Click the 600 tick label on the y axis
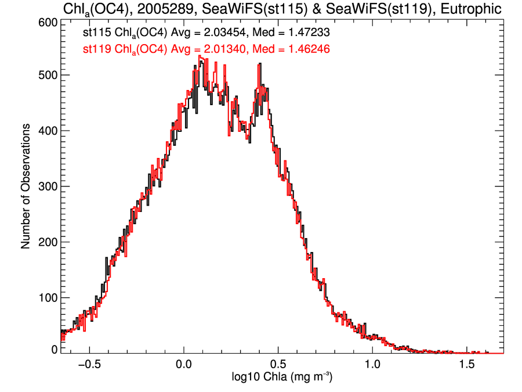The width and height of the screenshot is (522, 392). click(x=46, y=22)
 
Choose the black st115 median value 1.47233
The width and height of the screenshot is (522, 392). click(x=308, y=34)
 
